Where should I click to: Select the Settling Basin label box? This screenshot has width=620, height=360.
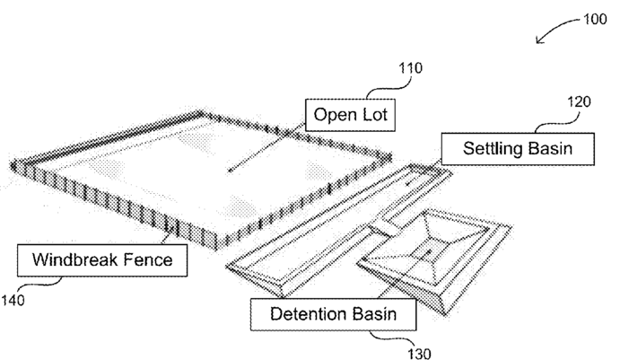pos(517,148)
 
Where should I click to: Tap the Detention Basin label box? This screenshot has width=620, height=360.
pos(334,315)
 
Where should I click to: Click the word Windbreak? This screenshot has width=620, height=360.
pos(76,261)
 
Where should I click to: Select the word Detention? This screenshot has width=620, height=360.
pos(306,315)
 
